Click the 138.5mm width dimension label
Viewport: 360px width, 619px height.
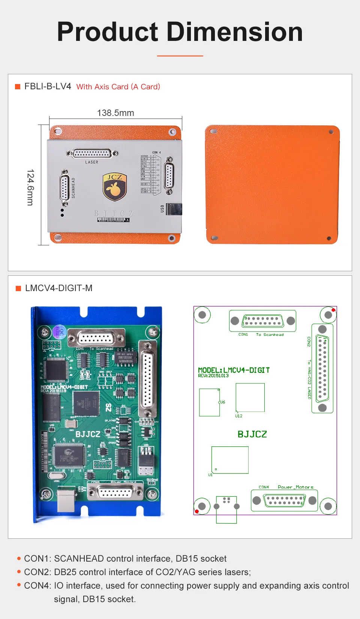pyautogui.click(x=115, y=113)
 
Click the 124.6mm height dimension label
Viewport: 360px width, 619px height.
pyautogui.click(x=30, y=187)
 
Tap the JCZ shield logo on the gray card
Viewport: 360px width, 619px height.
pyautogui.click(x=115, y=186)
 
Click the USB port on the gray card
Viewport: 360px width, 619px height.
pyautogui.click(x=174, y=209)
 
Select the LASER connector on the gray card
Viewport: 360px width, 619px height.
pyautogui.click(x=92, y=153)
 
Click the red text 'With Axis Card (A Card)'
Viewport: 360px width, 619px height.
pyautogui.click(x=118, y=87)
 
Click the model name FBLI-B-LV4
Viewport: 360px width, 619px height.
pyautogui.click(x=48, y=86)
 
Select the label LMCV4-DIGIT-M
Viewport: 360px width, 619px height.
pyautogui.click(x=58, y=288)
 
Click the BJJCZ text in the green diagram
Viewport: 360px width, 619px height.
pyautogui.click(x=252, y=434)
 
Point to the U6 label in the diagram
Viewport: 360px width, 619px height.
pyautogui.click(x=222, y=402)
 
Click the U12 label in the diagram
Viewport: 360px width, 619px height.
pyautogui.click(x=239, y=416)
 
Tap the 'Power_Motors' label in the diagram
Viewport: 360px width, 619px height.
pyautogui.click(x=295, y=487)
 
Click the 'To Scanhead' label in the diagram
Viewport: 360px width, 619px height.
pyautogui.click(x=270, y=334)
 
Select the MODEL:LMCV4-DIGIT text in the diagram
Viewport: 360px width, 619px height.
pyautogui.click(x=234, y=370)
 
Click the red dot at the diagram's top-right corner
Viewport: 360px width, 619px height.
pyautogui.click(x=333, y=310)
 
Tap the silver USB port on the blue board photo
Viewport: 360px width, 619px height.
pyautogui.click(x=66, y=500)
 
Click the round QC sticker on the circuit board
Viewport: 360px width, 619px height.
pyautogui.click(x=59, y=332)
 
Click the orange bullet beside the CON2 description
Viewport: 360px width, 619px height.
pyautogui.click(x=19, y=572)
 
